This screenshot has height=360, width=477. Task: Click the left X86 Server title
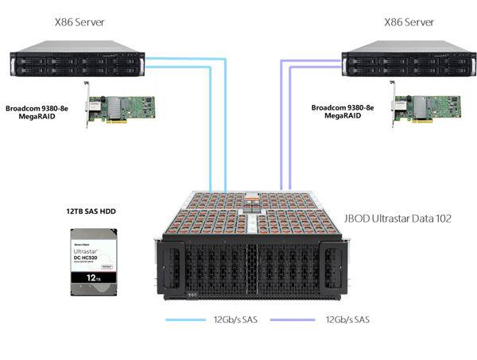coord(77,21)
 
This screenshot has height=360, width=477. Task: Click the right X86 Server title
coord(408,21)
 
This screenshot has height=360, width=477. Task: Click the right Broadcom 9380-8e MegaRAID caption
coord(341,111)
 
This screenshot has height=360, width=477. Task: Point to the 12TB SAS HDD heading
coord(89,212)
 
